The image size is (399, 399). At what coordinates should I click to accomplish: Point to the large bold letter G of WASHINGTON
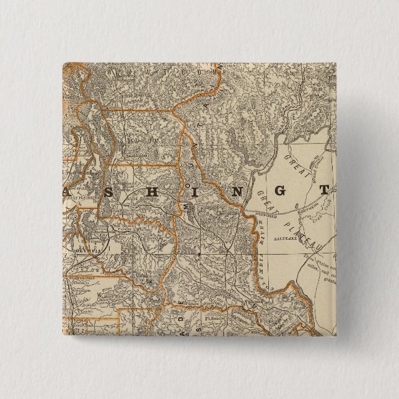(279, 191)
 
